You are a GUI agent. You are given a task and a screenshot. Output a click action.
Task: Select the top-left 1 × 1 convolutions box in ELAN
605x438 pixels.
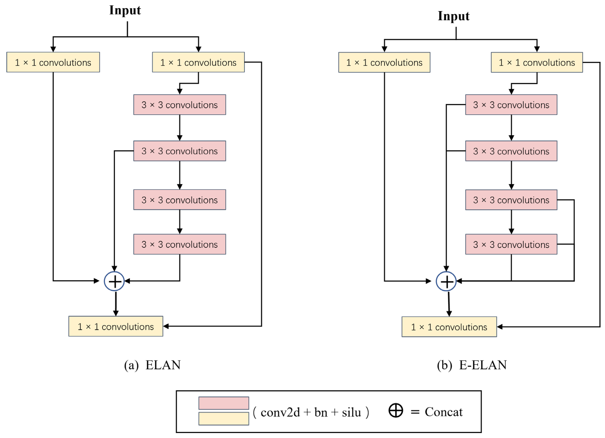click(x=53, y=62)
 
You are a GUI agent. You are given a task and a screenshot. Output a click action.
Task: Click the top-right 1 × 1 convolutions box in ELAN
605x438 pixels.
click(x=198, y=62)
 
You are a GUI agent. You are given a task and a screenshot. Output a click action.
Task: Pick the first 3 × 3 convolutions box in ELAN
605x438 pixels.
click(x=180, y=105)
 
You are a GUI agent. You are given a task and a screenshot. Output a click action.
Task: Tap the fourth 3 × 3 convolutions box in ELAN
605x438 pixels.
click(x=180, y=244)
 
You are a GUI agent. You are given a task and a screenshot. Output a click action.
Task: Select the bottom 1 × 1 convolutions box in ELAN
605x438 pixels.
click(x=116, y=326)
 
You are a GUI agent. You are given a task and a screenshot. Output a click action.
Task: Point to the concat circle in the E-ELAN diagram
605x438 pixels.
click(x=446, y=281)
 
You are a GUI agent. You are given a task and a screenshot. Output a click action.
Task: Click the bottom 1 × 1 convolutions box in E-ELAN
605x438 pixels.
click(x=449, y=327)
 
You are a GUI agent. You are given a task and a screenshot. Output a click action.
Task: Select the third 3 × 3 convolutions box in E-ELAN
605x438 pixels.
click(x=511, y=200)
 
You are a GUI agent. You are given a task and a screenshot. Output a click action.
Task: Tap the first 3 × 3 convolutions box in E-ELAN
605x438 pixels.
click(x=511, y=105)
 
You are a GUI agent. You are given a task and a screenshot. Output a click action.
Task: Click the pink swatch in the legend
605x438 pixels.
click(x=224, y=403)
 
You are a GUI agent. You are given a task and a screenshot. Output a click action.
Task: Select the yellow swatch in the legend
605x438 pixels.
click(x=224, y=419)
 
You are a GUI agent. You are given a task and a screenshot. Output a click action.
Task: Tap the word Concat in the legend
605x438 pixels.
click(x=444, y=412)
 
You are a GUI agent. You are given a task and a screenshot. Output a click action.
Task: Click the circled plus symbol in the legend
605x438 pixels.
click(x=396, y=411)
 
